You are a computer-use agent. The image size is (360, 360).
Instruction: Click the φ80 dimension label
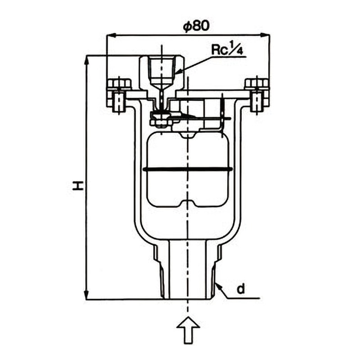(x=196, y=27)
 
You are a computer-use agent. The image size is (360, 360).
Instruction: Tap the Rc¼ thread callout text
(x=227, y=49)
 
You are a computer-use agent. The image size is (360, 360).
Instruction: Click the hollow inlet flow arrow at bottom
(x=189, y=330)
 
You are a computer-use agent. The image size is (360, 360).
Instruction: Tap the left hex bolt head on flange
(x=119, y=84)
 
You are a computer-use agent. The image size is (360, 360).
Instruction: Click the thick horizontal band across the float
(x=188, y=170)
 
